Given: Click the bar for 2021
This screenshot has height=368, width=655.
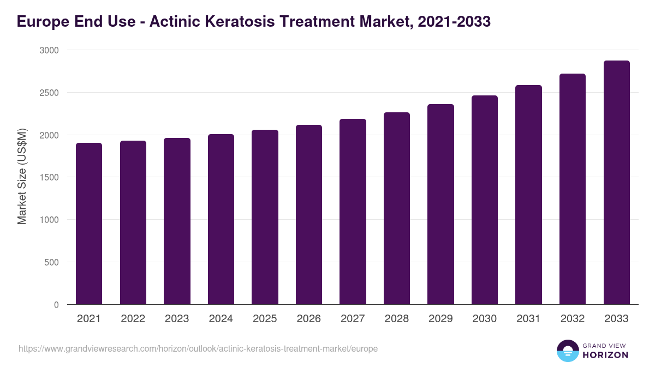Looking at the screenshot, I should tap(89, 224).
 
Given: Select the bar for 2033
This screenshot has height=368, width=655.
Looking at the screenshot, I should tap(617, 183).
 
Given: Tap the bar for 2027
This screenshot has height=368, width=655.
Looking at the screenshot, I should tap(353, 212).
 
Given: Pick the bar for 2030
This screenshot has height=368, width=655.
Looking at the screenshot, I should tap(485, 200).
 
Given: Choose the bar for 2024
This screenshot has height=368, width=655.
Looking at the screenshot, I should tap(221, 219).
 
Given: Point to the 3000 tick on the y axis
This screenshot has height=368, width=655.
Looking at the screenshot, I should tap(49, 50).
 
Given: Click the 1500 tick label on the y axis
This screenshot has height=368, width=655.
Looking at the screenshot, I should tap(49, 177).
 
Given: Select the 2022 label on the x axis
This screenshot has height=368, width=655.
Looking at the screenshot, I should tap(133, 319).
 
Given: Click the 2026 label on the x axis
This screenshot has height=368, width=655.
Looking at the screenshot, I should tap(309, 319).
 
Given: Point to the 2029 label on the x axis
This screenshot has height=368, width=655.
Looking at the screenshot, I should tap(440, 319).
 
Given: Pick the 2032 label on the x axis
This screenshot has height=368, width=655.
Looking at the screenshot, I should tap(573, 319).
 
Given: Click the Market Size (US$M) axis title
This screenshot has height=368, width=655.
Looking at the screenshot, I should tap(22, 177).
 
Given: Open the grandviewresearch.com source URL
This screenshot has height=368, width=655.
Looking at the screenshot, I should tap(198, 348).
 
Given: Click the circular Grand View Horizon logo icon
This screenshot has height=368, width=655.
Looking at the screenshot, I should tap(567, 351).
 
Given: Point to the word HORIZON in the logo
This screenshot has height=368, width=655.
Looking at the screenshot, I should tap(605, 355).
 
